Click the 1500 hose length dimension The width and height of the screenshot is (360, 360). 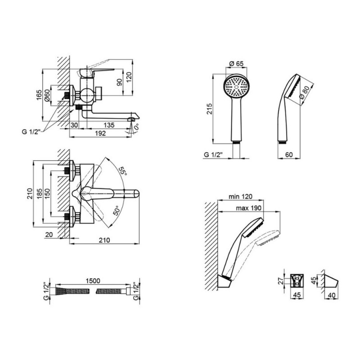pyautogui.click(x=93, y=281)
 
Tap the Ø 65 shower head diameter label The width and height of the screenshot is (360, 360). pyautogui.click(x=236, y=63)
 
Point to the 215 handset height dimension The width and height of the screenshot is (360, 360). pyautogui.click(x=209, y=109)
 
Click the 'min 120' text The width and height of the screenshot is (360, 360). pyautogui.click(x=240, y=197)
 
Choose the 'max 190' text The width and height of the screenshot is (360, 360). pyautogui.click(x=249, y=208)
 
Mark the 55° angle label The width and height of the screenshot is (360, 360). pyautogui.click(x=122, y=171)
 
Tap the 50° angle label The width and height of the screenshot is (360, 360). pyautogui.click(x=117, y=211)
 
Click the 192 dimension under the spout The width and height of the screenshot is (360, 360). pyautogui.click(x=100, y=133)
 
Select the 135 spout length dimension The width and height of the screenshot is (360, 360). pyautogui.click(x=109, y=125)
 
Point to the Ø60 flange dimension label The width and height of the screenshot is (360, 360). pyautogui.click(x=47, y=95)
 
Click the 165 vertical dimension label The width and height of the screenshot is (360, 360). pyautogui.click(x=39, y=95)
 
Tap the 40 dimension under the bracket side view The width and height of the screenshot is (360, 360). pyautogui.click(x=332, y=295)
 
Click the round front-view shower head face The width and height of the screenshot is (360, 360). pyautogui.click(x=236, y=88)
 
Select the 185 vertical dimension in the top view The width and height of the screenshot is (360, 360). pyautogui.click(x=39, y=194)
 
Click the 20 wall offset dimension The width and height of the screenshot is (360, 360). pyautogui.click(x=49, y=234)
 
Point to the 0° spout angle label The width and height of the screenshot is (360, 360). pyautogui.click(x=136, y=127)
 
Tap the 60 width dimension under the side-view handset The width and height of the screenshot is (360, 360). pyautogui.click(x=289, y=155)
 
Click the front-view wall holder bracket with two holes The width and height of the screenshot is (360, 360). pyautogui.click(x=297, y=280)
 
